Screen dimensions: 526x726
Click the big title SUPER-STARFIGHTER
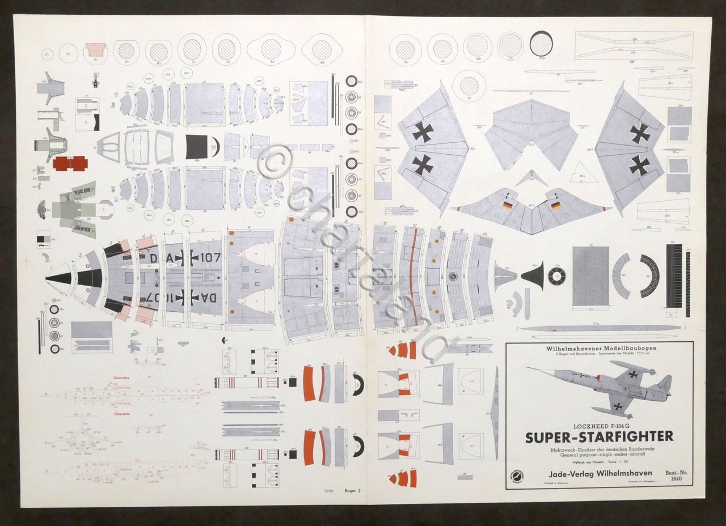click(599, 436)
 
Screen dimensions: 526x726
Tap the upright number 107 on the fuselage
click(210, 256)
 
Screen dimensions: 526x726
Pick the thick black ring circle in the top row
click(541, 44)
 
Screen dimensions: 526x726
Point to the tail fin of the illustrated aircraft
click(664, 384)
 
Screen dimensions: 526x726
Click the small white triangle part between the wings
click(584, 173)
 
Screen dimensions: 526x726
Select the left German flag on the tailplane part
click(507, 206)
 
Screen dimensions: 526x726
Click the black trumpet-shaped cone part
click(533, 276)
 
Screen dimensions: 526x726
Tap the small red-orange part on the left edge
click(70, 163)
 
